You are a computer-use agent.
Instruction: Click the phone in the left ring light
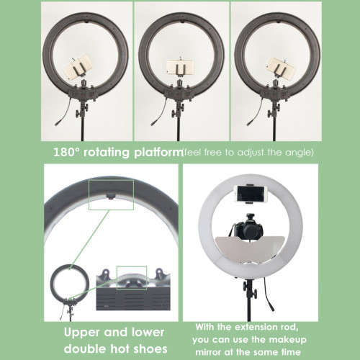coord(76,69)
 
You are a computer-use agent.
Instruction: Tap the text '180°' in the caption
coord(68,153)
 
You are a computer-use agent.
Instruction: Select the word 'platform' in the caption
coord(157,153)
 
